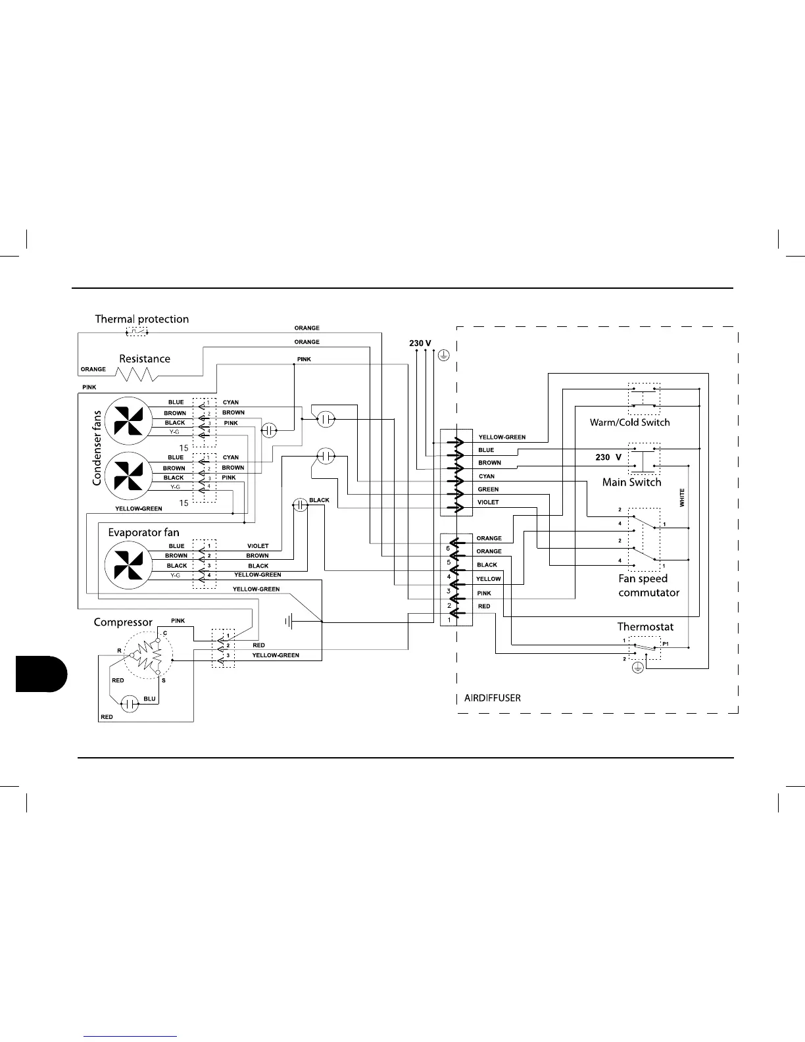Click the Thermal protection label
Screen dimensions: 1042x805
[141, 319]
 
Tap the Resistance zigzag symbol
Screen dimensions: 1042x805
[136, 374]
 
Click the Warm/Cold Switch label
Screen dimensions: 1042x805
[629, 422]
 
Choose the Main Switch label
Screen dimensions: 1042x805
[631, 482]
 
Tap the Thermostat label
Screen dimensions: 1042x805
[645, 627]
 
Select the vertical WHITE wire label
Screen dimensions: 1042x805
[682, 497]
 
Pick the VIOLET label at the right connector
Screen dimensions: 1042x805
[488, 503]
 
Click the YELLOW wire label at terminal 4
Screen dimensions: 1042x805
[489, 579]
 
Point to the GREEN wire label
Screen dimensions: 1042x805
[488, 489]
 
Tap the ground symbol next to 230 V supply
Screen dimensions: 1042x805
[444, 356]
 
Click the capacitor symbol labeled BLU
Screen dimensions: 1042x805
[131, 704]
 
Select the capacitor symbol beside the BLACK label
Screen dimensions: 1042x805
[300, 505]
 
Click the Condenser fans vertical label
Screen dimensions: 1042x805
[97, 447]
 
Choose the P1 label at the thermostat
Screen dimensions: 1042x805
[666, 643]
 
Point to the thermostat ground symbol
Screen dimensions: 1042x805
[637, 668]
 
